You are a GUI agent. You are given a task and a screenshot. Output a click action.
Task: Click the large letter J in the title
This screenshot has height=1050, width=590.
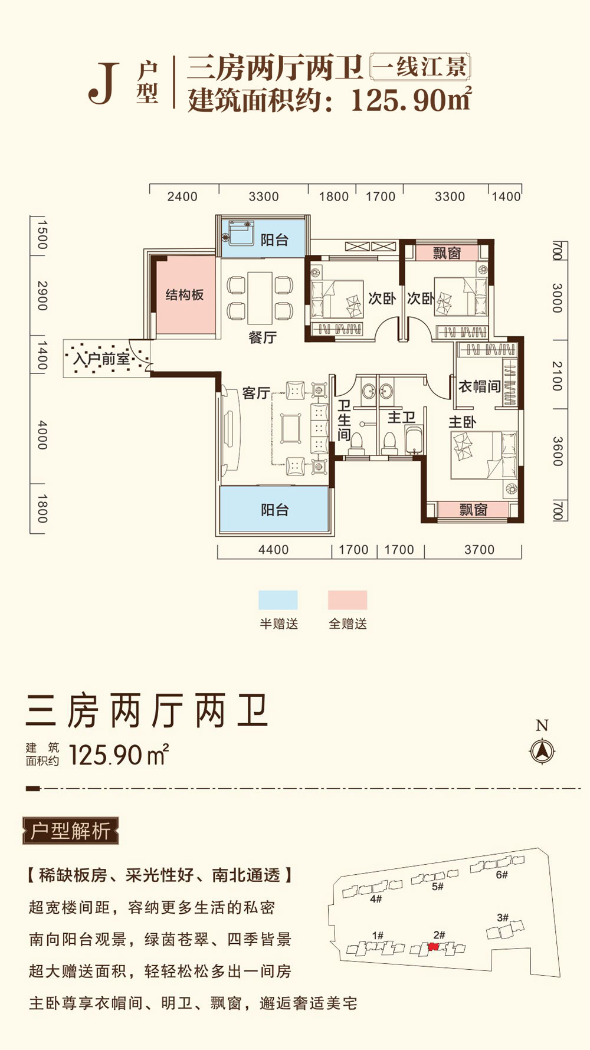point(104,84)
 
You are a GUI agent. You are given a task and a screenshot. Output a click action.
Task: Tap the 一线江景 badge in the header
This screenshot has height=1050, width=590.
point(420,67)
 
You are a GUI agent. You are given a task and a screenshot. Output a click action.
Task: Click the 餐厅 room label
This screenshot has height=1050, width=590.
point(263,337)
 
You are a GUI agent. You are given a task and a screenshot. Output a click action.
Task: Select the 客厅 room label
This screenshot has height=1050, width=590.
point(256,393)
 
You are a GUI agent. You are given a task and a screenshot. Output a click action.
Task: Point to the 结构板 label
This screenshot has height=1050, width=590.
point(185,295)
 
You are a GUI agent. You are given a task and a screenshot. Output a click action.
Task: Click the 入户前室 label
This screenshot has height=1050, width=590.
point(101,358)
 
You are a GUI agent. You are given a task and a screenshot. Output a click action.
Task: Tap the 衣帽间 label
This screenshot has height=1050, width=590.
point(479,386)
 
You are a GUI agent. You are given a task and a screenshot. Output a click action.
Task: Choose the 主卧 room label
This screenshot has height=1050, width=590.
point(462,422)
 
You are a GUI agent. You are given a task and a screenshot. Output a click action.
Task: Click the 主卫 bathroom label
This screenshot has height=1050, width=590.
point(401,418)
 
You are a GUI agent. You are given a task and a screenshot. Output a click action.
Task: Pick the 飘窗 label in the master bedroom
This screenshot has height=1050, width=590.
point(473,510)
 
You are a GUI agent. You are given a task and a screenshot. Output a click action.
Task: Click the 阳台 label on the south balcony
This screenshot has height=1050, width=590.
point(275,510)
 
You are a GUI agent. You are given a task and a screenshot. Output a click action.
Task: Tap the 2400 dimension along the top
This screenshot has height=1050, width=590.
point(182,196)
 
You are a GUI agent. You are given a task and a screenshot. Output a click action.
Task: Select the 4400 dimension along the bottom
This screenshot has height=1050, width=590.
point(274,550)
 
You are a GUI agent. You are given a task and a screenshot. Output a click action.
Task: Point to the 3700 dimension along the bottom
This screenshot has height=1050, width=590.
point(479,550)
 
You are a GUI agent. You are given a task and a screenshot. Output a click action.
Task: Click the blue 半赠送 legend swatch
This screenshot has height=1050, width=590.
point(278,600)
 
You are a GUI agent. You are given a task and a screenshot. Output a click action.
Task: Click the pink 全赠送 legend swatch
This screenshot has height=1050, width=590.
point(348,600)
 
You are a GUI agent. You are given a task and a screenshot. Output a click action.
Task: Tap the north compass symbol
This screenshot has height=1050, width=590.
point(542,752)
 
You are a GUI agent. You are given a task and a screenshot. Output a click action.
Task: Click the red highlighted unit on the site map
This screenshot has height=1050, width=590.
point(433,947)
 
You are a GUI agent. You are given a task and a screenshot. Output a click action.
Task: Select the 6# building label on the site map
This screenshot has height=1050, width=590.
point(501,875)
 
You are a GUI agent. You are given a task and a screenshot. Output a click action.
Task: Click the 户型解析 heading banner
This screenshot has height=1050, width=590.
point(71,831)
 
